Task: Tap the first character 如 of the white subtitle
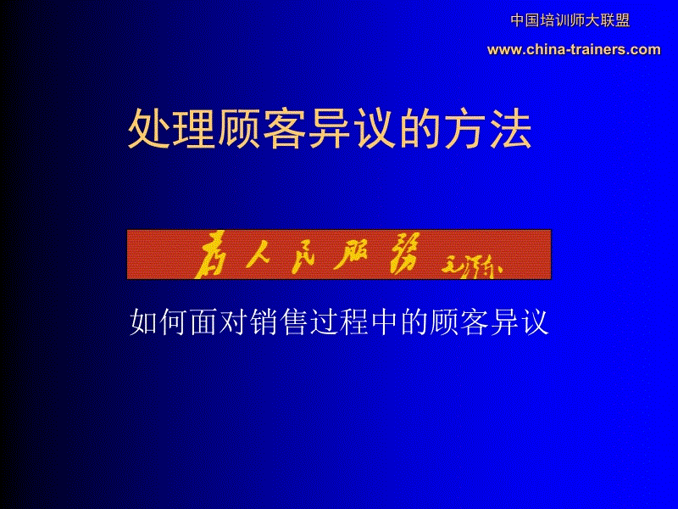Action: tap(143, 322)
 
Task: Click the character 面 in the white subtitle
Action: tap(197, 322)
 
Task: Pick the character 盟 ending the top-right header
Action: tap(623, 20)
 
